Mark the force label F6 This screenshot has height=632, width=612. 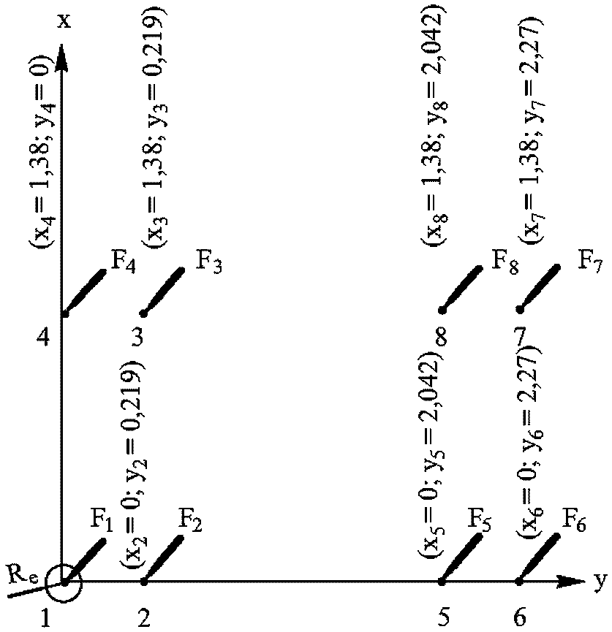point(575,524)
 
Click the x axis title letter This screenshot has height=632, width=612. point(64,20)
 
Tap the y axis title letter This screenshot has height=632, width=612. point(600,581)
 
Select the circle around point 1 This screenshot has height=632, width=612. point(64,582)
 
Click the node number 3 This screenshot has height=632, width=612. point(137,337)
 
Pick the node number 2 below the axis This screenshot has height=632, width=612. point(144,617)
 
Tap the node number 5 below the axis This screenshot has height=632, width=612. point(443,617)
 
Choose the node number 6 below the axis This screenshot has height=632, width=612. point(519,617)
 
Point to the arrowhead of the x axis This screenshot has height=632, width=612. point(64,55)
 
